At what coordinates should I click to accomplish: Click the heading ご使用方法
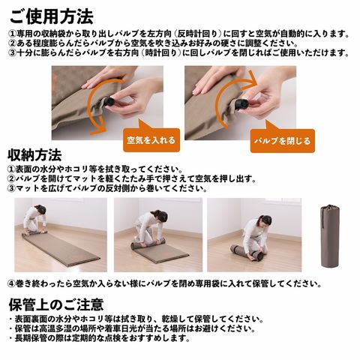pyautogui.click(x=51, y=17)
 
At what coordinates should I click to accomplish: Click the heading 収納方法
pyautogui.click(x=34, y=155)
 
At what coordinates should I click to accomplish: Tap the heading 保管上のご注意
pyautogui.click(x=56, y=304)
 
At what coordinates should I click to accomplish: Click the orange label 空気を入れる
pyautogui.click(x=151, y=140)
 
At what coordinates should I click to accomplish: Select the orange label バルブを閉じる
pyautogui.click(x=282, y=141)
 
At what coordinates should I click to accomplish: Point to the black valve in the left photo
pyautogui.click(x=109, y=102)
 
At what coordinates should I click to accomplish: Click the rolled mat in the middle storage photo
pyautogui.click(x=148, y=244)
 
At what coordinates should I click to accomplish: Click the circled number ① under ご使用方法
pyautogui.click(x=13, y=34)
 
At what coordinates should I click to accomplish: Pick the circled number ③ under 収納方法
pyautogui.click(x=11, y=188)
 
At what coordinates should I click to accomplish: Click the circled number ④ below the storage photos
pyautogui.click(x=11, y=283)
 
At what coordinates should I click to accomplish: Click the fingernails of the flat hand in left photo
pyautogui.click(x=85, y=85)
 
